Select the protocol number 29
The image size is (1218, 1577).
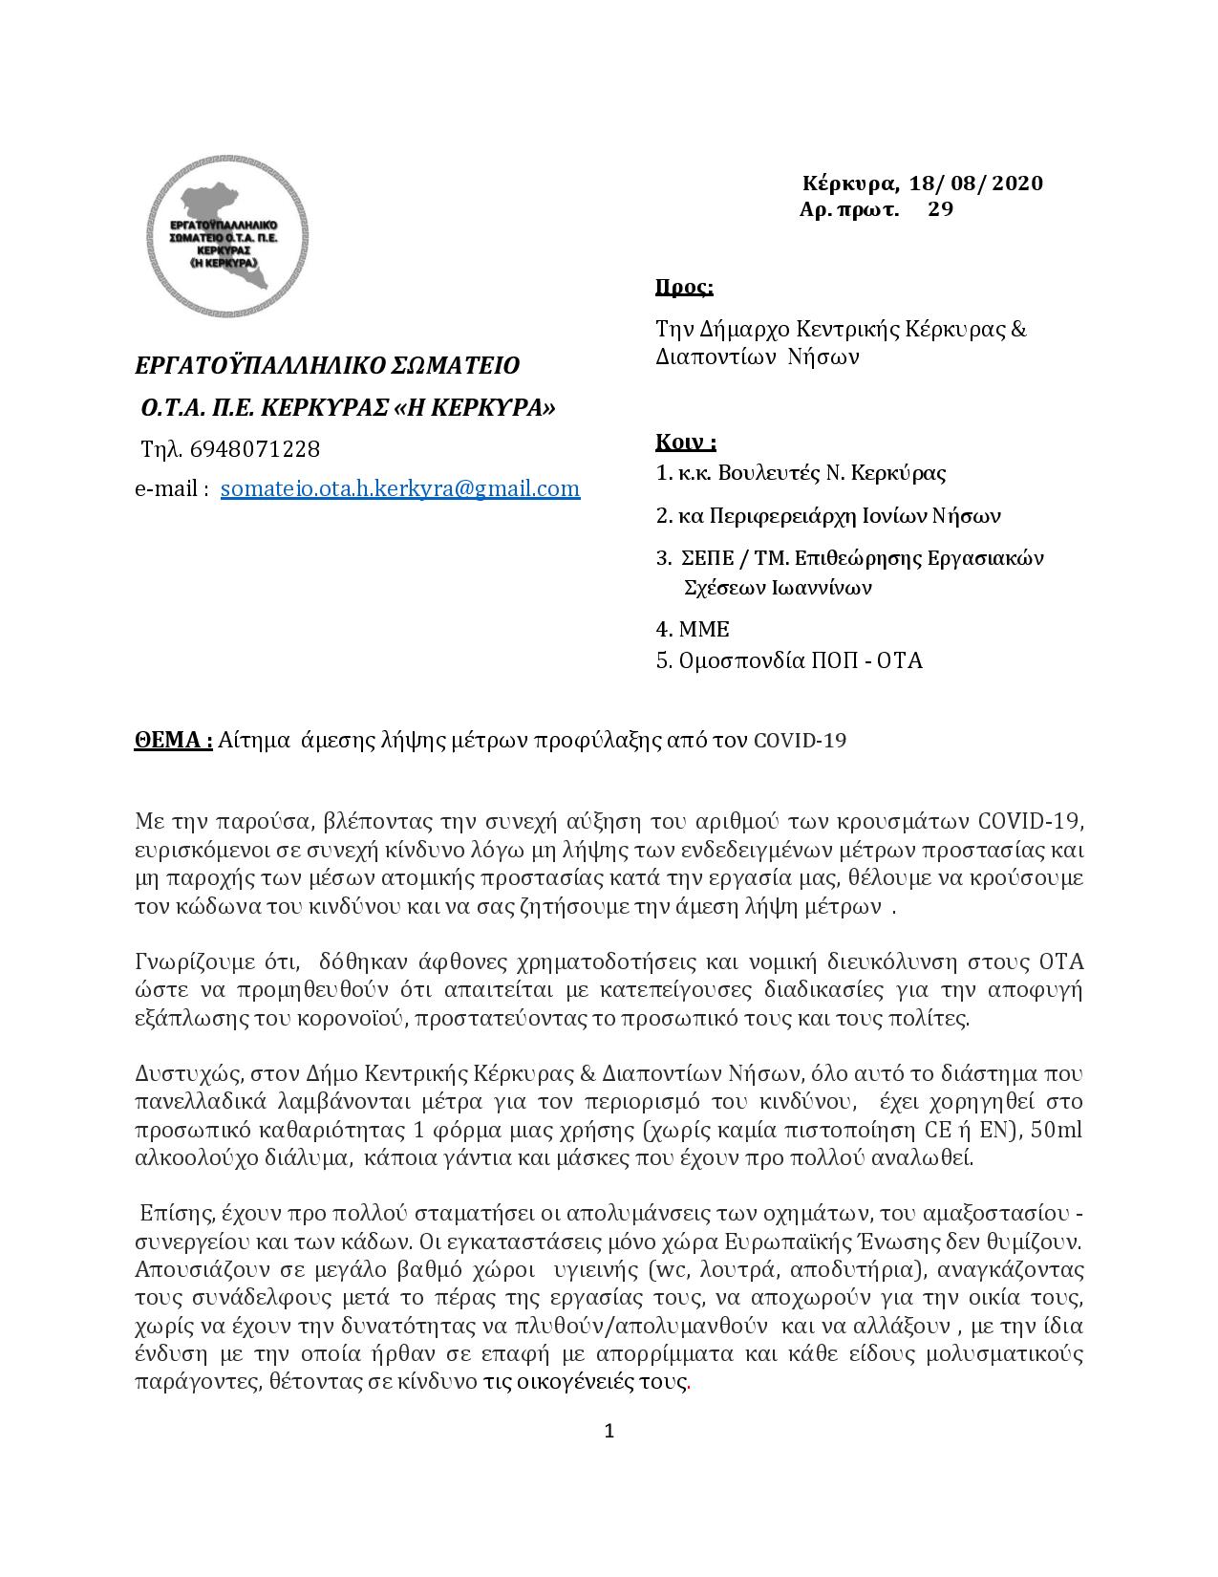[940, 209]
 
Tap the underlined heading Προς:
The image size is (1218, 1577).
[684, 288]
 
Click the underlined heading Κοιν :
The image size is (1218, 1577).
[685, 442]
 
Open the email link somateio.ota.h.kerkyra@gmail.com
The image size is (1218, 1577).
[399, 488]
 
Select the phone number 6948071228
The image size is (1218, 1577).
[255, 448]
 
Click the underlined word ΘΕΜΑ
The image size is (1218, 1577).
[171, 740]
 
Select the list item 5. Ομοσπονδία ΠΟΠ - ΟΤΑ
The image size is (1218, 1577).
[789, 660]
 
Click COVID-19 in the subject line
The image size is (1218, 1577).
[800, 741]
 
